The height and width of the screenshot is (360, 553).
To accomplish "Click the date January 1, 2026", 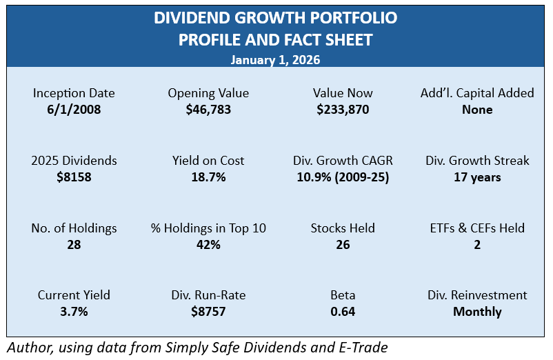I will (275, 60).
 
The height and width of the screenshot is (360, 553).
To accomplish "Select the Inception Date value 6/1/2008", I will (74, 109).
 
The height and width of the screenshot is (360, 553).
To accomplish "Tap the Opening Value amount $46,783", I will (208, 109).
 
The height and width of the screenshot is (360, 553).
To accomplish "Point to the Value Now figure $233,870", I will (343, 109).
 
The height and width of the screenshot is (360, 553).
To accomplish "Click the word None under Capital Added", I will (477, 109).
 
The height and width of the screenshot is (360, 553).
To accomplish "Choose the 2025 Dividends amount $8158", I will (74, 177).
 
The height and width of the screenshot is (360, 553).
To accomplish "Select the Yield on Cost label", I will (208, 161).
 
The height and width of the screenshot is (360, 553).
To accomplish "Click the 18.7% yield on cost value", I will (208, 177).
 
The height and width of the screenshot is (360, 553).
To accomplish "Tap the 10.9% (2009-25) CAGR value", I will (343, 177).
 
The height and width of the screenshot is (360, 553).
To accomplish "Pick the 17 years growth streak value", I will (477, 177).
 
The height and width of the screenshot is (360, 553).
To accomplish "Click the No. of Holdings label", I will (74, 228).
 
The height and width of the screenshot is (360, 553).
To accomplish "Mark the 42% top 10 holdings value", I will (208, 244).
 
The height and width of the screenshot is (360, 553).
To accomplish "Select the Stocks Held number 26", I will (343, 244).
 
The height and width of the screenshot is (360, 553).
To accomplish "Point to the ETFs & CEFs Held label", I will (477, 228).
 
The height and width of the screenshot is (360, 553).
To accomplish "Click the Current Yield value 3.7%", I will (74, 312).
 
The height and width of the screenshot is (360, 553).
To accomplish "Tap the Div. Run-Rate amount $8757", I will (208, 312).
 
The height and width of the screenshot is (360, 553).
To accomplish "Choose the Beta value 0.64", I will (343, 312).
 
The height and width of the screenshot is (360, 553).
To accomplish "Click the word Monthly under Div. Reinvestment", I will (477, 312).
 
